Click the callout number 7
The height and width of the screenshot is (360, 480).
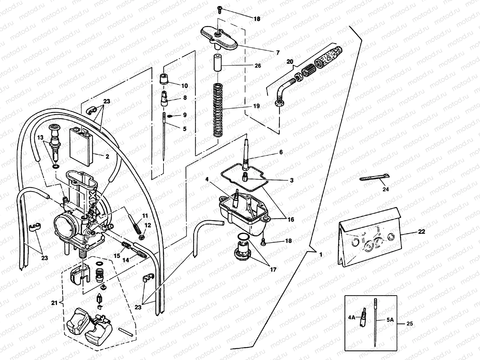(278, 52)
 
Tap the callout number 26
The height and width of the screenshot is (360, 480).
(257, 66)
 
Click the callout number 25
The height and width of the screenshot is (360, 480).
(409, 324)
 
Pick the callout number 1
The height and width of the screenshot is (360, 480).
(321, 254)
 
